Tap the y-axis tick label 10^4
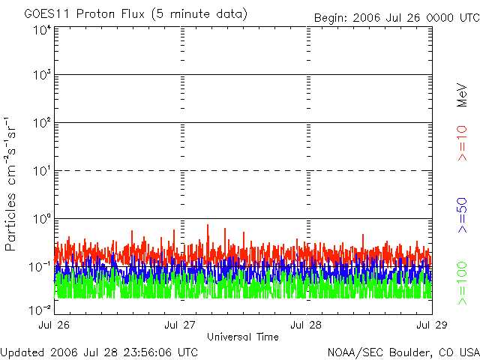click(x=40, y=31)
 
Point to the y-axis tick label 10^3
click(x=40, y=76)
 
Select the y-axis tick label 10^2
click(x=40, y=123)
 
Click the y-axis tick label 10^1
click(x=40, y=171)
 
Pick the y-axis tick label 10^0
click(x=40, y=219)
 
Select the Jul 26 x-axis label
click(x=56, y=325)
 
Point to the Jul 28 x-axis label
click(x=306, y=325)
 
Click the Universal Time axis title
click(x=243, y=337)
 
